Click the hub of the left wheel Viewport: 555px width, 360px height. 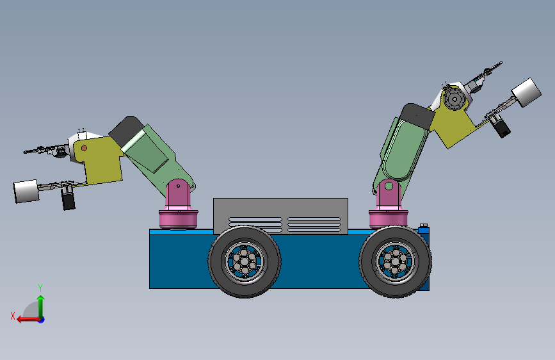click(x=244, y=260)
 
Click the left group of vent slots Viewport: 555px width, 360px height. click(x=255, y=224)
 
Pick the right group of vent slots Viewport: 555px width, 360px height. click(x=314, y=224)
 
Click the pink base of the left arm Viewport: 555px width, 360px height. click(x=179, y=218)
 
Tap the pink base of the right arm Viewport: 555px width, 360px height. click(x=388, y=217)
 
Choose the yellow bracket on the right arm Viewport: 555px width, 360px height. click(x=455, y=125)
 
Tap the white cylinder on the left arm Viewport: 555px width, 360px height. click(x=26, y=191)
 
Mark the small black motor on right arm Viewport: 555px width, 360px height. click(x=501, y=127)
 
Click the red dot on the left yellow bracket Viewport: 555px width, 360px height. click(x=84, y=148)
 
